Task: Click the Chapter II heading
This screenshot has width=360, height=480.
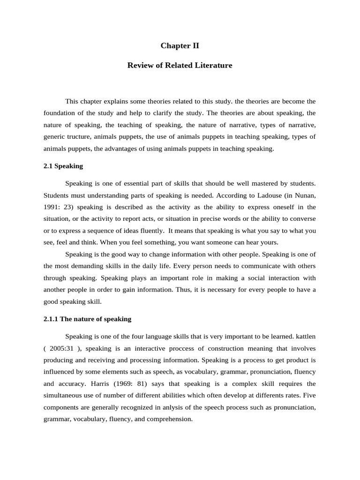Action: coord(180,45)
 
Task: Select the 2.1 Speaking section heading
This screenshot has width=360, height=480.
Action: coord(63,165)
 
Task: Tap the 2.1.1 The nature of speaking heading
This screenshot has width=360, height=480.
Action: coord(87,319)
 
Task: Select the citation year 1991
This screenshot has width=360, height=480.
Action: coord(52,207)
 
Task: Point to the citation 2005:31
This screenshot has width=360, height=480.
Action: coord(62,348)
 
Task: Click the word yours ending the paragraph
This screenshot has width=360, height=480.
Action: coord(269,242)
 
